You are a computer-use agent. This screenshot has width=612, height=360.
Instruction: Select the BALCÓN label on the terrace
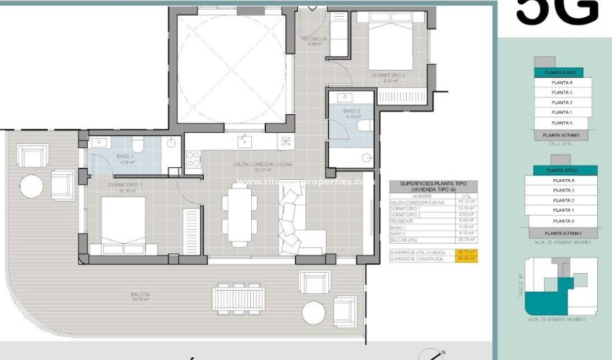[140, 295]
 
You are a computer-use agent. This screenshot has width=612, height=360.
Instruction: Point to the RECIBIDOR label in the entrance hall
[314, 40]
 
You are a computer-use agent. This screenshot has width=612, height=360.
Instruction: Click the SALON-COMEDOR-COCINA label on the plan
[263, 164]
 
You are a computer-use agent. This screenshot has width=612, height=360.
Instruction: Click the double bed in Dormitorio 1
[123, 225]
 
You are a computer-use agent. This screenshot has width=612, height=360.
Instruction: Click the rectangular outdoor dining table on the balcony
[238, 298]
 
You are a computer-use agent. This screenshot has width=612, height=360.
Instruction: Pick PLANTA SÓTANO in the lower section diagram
[563, 233]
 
